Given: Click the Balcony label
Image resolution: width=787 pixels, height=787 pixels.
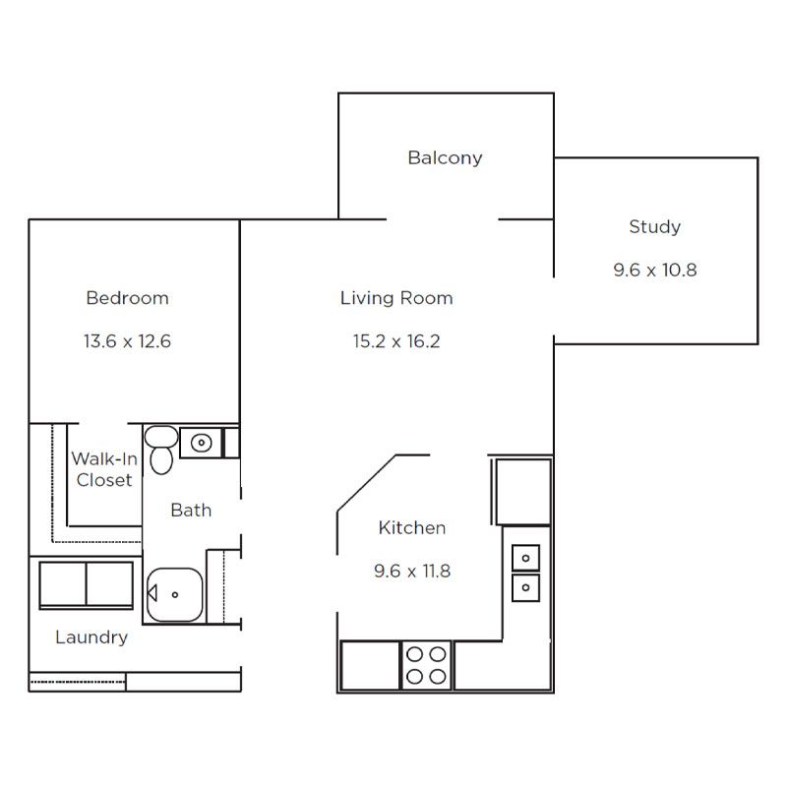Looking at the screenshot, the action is (445, 158).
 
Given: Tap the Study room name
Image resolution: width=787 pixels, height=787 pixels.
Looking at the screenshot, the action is (654, 227).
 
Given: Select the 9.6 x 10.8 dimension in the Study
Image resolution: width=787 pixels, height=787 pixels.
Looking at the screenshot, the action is (654, 270).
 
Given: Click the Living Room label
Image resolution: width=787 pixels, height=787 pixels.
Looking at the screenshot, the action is (396, 298).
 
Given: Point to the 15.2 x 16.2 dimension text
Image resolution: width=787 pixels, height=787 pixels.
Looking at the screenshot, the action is (396, 341).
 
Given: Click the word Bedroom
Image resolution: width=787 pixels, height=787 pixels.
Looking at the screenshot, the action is (127, 298).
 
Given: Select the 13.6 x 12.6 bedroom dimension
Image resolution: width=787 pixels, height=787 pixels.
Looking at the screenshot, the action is (127, 341).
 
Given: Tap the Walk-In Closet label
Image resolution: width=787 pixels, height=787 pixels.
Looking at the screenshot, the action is (104, 469).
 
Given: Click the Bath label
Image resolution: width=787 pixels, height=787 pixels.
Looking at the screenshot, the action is (191, 511).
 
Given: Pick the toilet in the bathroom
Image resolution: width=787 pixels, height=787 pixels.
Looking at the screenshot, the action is (161, 450).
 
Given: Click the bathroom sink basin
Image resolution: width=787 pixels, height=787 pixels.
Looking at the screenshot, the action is (201, 443).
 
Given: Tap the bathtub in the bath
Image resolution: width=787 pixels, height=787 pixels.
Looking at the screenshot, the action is (175, 595).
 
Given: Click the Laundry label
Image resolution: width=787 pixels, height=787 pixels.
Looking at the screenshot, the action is (91, 637).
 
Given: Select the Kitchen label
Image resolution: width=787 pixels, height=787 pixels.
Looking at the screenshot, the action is (412, 528).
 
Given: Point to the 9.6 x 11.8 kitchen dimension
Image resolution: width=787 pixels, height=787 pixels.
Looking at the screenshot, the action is (412, 572).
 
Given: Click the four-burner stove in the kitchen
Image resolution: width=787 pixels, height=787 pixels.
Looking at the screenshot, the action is (426, 666).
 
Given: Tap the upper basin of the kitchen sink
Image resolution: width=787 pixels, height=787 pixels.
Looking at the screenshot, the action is (525, 558).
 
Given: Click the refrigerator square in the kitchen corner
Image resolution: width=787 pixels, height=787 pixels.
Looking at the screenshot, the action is (523, 492).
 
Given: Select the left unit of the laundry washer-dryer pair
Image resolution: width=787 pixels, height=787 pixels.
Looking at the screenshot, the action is (63, 584).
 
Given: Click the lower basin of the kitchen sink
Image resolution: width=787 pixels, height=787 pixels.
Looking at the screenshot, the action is (525, 587).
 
